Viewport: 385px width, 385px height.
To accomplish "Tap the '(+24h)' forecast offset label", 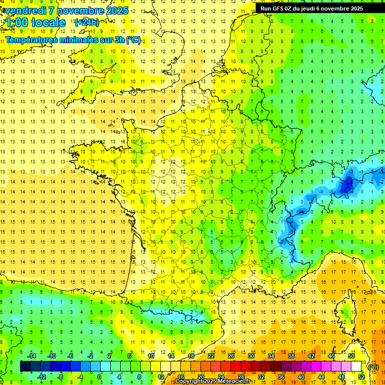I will tap(87, 22).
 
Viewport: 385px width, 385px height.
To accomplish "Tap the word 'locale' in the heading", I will tap(48, 23).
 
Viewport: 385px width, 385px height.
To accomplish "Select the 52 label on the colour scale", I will tap(361, 376).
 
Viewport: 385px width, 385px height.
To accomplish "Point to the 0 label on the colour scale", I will tap(99, 376).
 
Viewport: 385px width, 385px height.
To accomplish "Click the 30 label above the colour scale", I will tap(251, 356).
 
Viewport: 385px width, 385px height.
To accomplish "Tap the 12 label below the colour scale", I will tap(160, 376).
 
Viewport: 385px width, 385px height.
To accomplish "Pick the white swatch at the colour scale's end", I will tap(356, 366).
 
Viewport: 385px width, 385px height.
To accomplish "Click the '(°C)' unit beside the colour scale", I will tap(373, 366).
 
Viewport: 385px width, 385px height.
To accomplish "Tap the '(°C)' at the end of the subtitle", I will tap(133, 40).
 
